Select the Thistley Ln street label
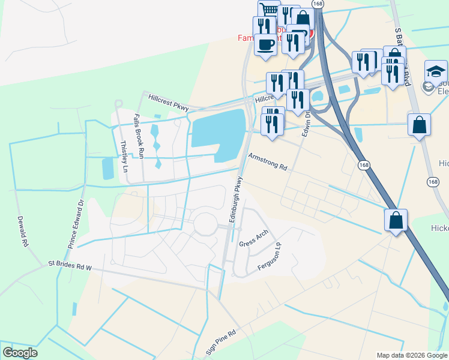(x=125, y=157)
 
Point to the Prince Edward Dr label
(x=76, y=225)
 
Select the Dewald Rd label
(x=23, y=232)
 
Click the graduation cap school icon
(x=436, y=70)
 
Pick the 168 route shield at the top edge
(x=318, y=4)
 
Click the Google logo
(x=20, y=353)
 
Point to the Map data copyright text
(x=412, y=355)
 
